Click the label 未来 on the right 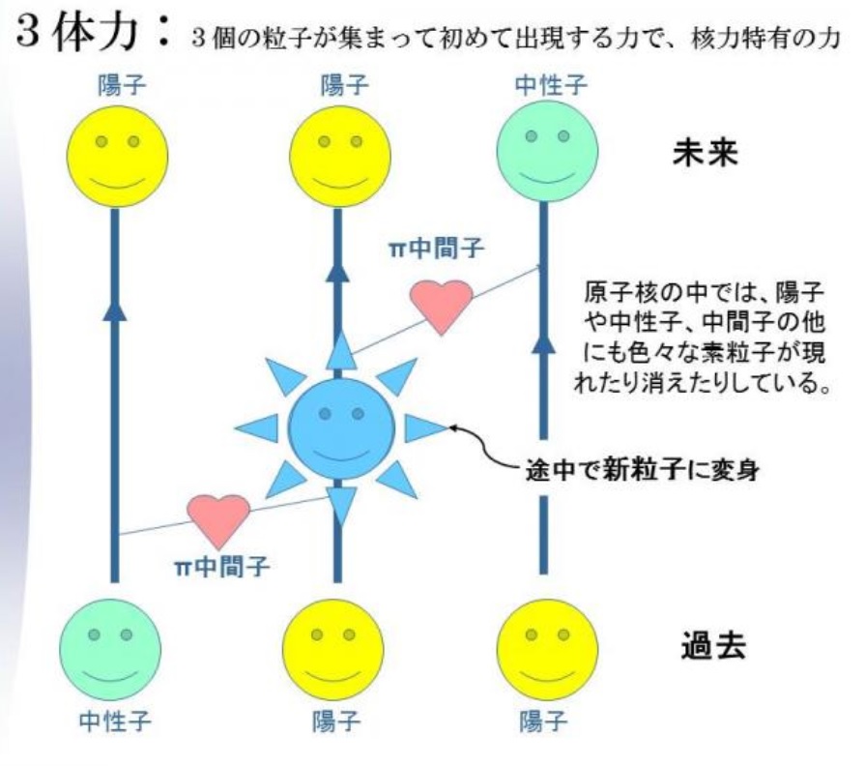tap(705, 153)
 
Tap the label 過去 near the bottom tap(713, 646)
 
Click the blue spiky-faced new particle tap(341, 428)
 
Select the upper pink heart tap(442, 307)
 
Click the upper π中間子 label tap(436, 249)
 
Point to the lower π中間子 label tap(222, 566)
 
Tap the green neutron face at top tap(547, 151)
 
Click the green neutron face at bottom tap(110, 650)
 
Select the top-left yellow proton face tap(118, 157)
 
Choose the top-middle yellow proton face tap(340, 157)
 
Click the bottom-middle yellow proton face tap(333, 650)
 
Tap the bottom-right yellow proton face tap(547, 650)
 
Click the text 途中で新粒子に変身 tap(642, 471)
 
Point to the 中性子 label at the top tap(551, 85)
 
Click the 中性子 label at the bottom tap(115, 721)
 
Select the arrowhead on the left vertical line tap(115, 309)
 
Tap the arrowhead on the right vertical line tap(544, 342)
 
